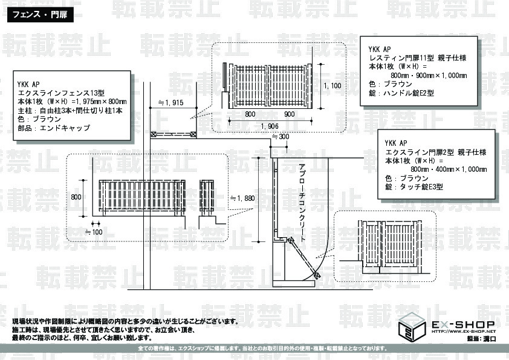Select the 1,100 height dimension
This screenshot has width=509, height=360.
[332, 85]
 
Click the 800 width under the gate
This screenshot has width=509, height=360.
[250, 114]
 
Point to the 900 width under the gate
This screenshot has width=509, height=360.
[288, 114]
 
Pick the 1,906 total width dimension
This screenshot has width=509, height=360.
[269, 125]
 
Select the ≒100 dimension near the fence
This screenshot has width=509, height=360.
[93, 231]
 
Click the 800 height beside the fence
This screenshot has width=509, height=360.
[76, 197]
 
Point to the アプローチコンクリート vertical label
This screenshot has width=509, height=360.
[303, 202]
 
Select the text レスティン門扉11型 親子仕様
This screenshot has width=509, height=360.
[418, 57]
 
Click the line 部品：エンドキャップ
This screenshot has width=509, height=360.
[53, 128]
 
